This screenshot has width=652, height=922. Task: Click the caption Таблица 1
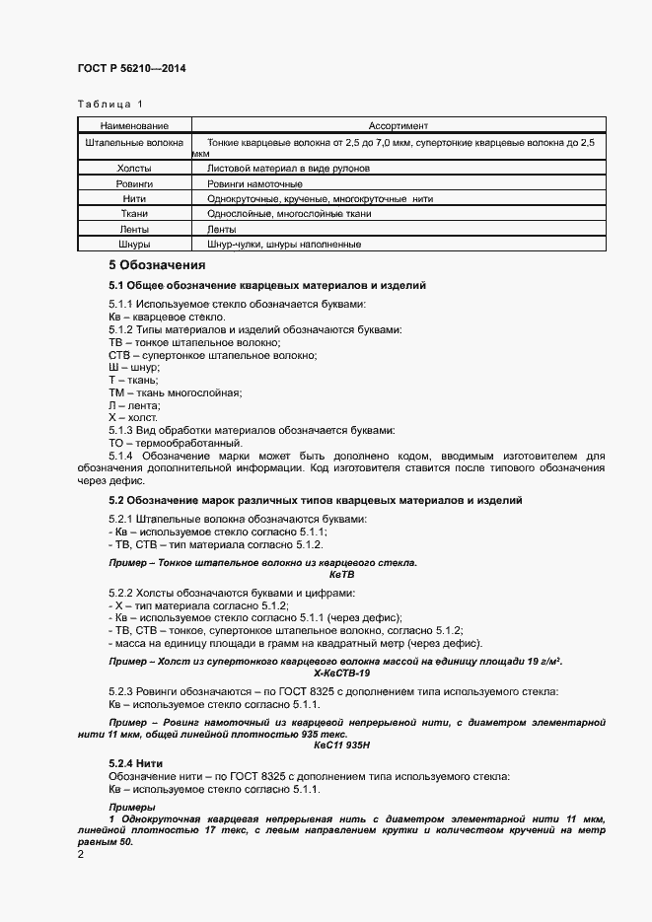109,104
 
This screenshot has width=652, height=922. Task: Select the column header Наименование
134,126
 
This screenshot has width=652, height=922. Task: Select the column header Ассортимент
398,126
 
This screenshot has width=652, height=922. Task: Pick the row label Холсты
134,169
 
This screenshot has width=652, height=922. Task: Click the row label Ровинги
134,183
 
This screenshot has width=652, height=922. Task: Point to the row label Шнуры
134,244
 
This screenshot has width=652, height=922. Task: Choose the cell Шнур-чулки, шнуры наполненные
283,244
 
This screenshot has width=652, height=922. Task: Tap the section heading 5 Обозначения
157,265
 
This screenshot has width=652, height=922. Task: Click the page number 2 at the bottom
82,854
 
